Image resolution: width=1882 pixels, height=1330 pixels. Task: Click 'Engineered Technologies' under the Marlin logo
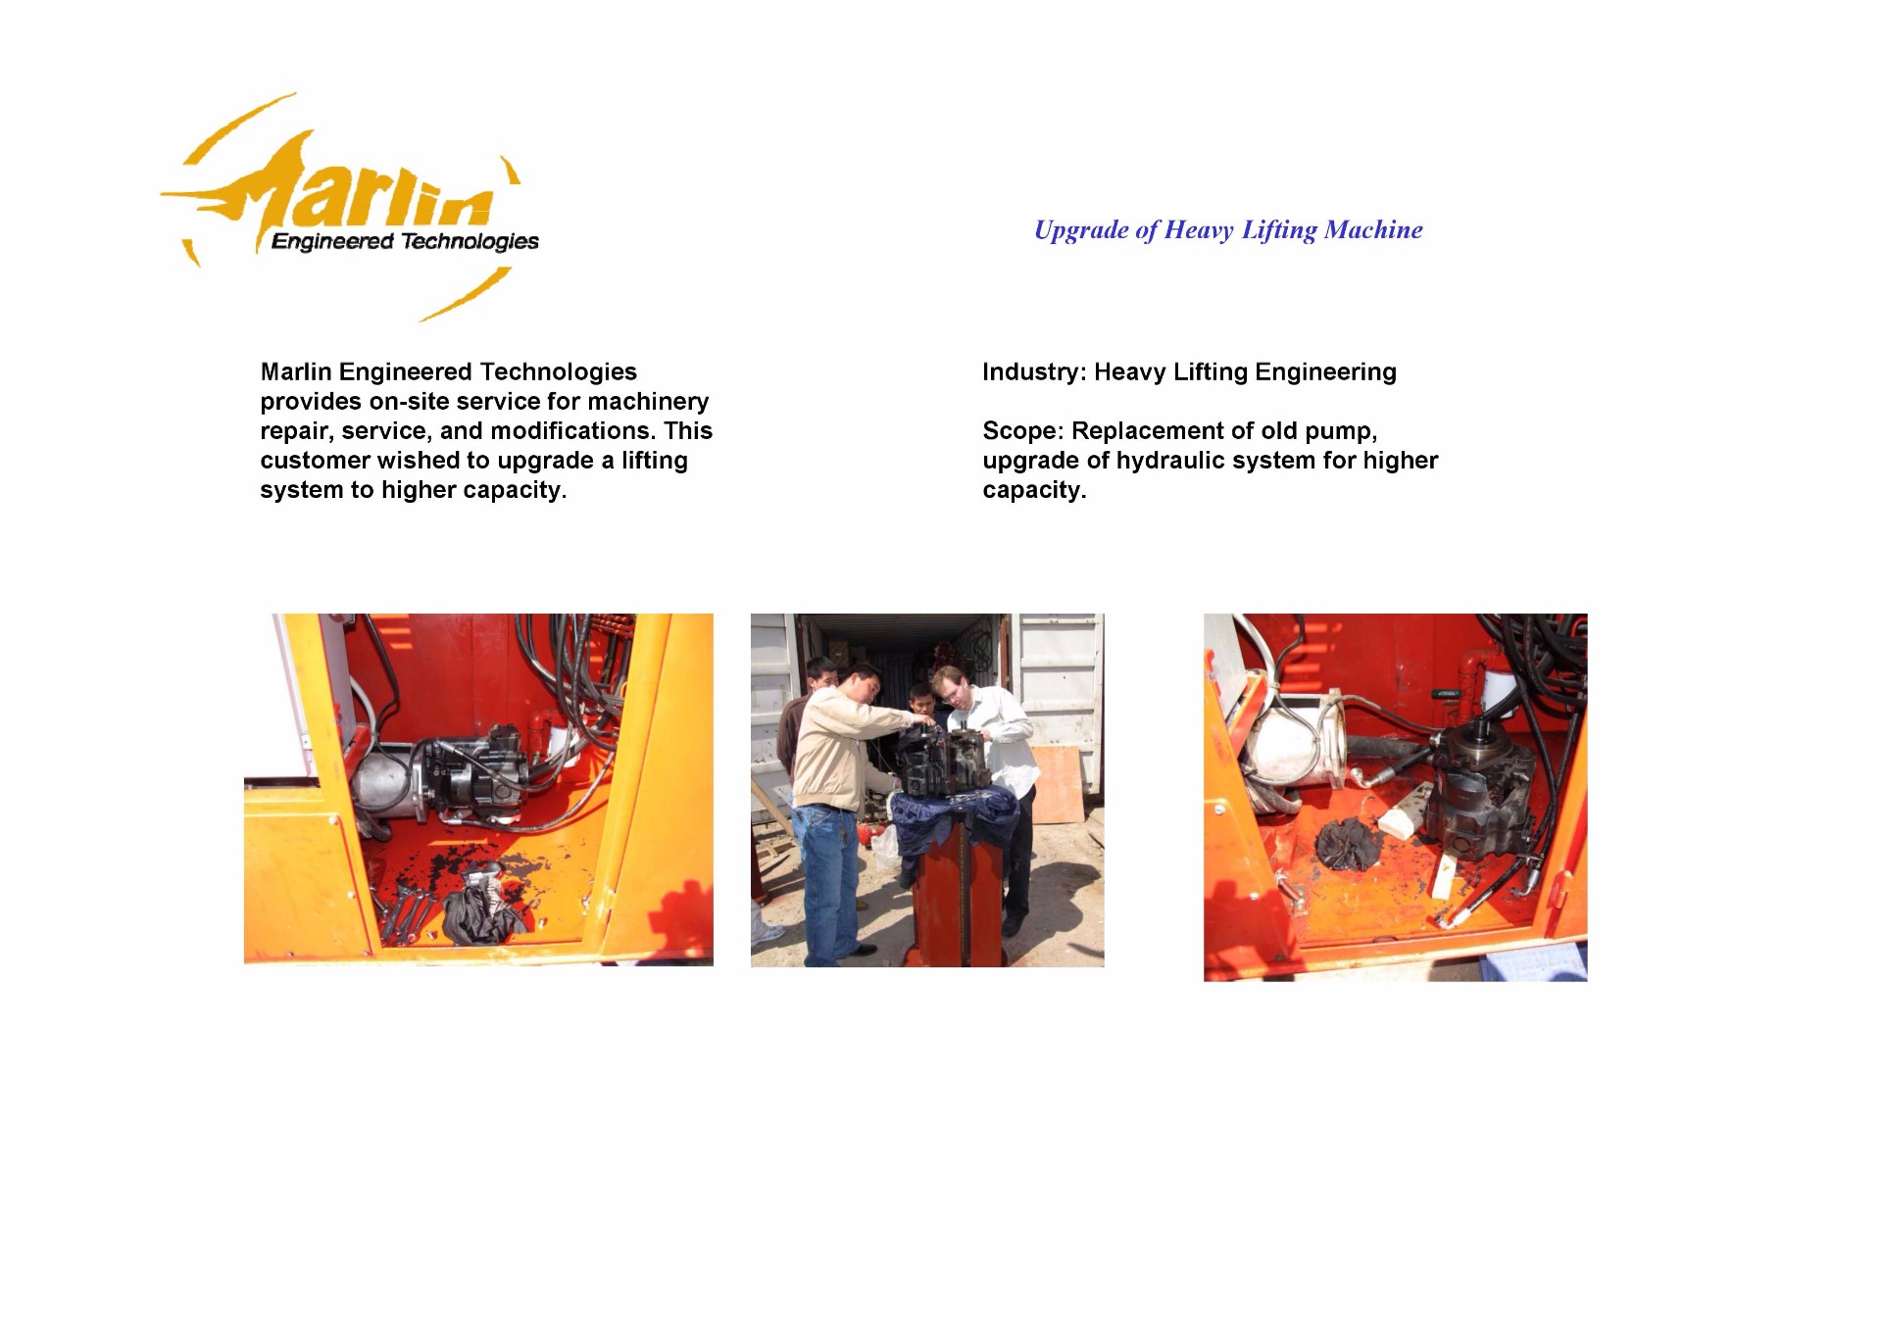tap(405, 241)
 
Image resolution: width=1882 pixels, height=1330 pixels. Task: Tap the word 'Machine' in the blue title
tap(1373, 229)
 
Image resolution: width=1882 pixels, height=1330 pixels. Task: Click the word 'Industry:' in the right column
tap(1034, 372)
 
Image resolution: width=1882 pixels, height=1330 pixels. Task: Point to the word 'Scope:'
tap(1022, 432)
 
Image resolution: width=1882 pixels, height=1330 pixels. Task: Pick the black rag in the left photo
tap(482, 909)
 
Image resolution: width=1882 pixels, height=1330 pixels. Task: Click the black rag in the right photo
tap(1348, 844)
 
